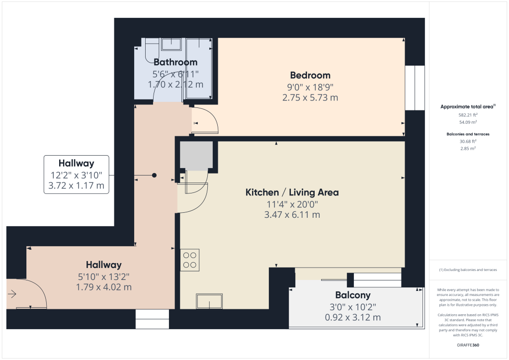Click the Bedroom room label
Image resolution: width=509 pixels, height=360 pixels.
point(310,76)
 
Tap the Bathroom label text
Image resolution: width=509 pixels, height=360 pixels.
point(175,62)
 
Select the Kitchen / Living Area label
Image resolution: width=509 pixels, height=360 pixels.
point(292,192)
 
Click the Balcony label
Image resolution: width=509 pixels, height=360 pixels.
point(352,295)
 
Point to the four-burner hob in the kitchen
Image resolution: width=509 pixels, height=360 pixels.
point(189,260)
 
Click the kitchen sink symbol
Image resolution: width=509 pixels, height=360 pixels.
point(209,301)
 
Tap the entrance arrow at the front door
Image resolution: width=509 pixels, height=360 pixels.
point(12,294)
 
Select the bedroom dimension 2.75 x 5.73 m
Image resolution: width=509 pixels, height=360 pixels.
point(310,98)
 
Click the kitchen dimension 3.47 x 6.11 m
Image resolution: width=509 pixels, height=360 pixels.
point(292,215)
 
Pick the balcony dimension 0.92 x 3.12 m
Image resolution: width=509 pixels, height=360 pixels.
point(352,317)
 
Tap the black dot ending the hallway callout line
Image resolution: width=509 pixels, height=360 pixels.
point(154,176)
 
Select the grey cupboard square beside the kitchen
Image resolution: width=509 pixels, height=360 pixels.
point(196,155)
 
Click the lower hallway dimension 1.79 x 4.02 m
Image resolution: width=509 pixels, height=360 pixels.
point(103,287)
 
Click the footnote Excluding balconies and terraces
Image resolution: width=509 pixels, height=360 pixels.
point(468,270)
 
